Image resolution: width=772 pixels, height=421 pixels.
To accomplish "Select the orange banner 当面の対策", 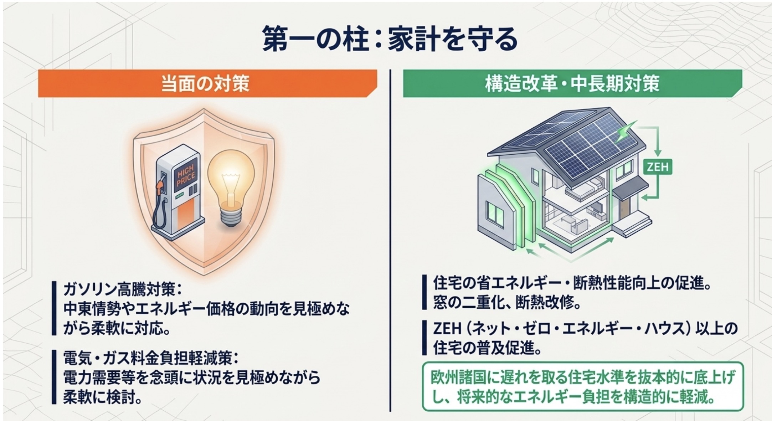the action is (207, 83).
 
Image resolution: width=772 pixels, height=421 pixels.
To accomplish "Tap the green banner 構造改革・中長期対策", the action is (572, 83).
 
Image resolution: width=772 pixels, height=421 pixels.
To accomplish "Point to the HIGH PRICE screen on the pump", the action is (186, 176).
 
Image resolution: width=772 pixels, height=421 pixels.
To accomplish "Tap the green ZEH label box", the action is (658, 166).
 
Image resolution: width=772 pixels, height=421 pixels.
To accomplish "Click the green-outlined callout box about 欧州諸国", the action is (583, 386).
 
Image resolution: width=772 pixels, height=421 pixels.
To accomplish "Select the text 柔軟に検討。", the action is (103, 397).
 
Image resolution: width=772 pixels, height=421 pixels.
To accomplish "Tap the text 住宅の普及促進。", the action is (487, 348).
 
